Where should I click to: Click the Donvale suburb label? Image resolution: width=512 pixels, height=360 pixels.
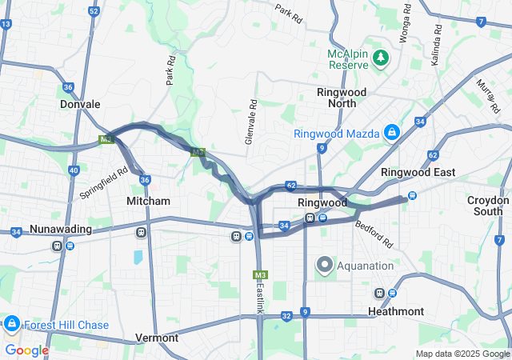80,104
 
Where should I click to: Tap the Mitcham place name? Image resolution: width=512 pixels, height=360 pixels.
148,202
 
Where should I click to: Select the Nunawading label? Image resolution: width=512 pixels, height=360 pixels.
60,230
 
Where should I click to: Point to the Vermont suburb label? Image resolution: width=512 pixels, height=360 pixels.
157,338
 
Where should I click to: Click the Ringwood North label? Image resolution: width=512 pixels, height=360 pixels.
342,98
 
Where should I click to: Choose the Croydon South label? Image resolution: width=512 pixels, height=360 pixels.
488,206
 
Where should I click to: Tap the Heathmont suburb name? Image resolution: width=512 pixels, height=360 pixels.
397,310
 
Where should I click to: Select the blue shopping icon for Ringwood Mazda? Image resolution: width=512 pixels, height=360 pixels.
392,132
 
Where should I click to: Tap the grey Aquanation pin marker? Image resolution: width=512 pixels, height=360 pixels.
325,264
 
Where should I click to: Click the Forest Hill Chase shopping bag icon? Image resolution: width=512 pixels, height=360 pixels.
11,324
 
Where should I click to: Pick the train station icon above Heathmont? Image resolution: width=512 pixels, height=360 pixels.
380,294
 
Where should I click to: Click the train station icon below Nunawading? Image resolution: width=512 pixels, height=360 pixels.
58,245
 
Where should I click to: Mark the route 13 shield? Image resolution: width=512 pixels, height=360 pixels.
6,24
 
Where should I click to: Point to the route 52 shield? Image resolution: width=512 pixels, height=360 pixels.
94,11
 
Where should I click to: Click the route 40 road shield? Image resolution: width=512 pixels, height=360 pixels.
74,170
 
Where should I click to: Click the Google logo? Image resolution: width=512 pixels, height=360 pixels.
26,350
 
